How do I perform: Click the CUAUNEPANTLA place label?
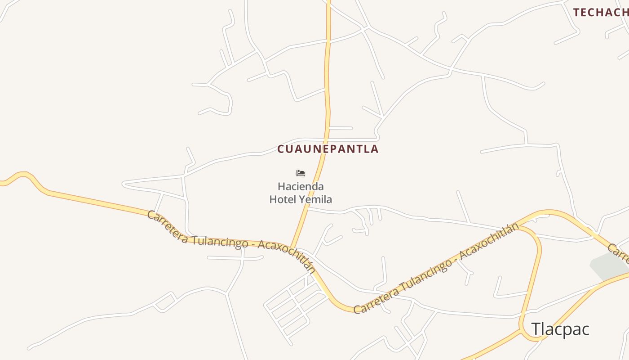[x=328, y=149]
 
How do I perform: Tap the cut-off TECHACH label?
[x=601, y=13]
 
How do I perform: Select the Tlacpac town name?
[x=560, y=329]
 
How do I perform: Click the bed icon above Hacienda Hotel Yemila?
[x=301, y=173]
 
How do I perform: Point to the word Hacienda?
[x=301, y=186]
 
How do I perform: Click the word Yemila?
[x=316, y=199]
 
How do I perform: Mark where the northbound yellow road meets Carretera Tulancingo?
[x=292, y=247]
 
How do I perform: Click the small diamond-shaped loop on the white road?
[x=164, y=301]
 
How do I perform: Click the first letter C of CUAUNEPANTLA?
[x=281, y=149]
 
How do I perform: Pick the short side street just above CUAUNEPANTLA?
[x=340, y=128]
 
